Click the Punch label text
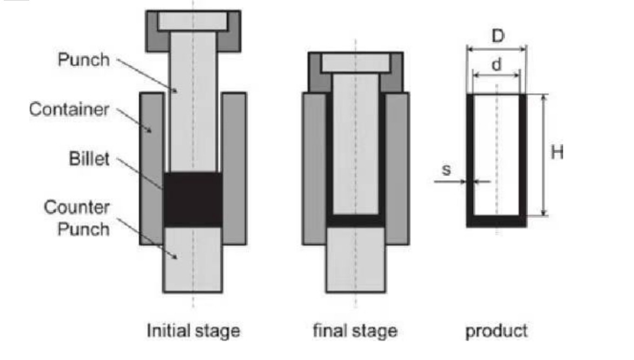[84, 60]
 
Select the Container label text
[69, 109]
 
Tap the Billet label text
[89, 159]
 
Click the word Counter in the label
[77, 207]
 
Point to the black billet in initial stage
[193, 199]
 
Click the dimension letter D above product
[498, 36]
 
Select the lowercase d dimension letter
[496, 64]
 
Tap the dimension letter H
[557, 153]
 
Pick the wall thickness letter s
[446, 169]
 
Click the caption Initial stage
[193, 330]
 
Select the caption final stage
[355, 330]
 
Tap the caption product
[496, 331]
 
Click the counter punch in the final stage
[355, 259]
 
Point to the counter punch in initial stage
[193, 259]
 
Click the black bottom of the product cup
[497, 221]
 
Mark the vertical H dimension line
[544, 155]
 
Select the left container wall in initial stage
[151, 169]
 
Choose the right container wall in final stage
[397, 169]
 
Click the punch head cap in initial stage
[193, 31]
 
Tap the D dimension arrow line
[497, 49]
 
